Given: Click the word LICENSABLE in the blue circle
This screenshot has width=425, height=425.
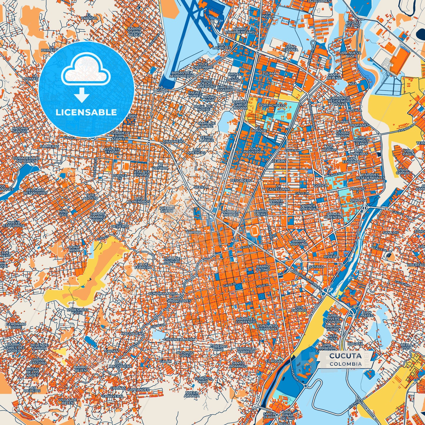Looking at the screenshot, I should pyautogui.click(x=86, y=112).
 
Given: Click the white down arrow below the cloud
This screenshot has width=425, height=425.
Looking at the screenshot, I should pyautogui.click(x=82, y=95).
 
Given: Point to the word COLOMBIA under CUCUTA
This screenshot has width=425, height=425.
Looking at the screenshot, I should pyautogui.click(x=345, y=364).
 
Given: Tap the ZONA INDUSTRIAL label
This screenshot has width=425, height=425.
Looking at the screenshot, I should pyautogui.click(x=253, y=150).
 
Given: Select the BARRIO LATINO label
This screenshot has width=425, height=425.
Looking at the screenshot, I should pyautogui.click(x=263, y=268).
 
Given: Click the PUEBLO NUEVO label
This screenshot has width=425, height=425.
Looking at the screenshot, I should pyautogui.click(x=167, y=209).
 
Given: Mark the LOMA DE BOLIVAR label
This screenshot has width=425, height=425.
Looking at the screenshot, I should pyautogui.click(x=172, y=260).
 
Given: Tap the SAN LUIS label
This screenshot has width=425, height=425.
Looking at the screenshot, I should pyautogui.click(x=391, y=233).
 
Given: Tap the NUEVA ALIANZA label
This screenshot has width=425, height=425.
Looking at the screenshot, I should pyautogui.click(x=192, y=394).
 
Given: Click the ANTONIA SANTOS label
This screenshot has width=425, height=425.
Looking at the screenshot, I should pyautogui.click(x=20, y=130).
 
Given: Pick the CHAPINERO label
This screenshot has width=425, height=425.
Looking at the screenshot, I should pyautogui.click(x=173, y=141).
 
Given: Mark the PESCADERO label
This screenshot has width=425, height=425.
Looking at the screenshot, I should pyautogui.click(x=241, y=180).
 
